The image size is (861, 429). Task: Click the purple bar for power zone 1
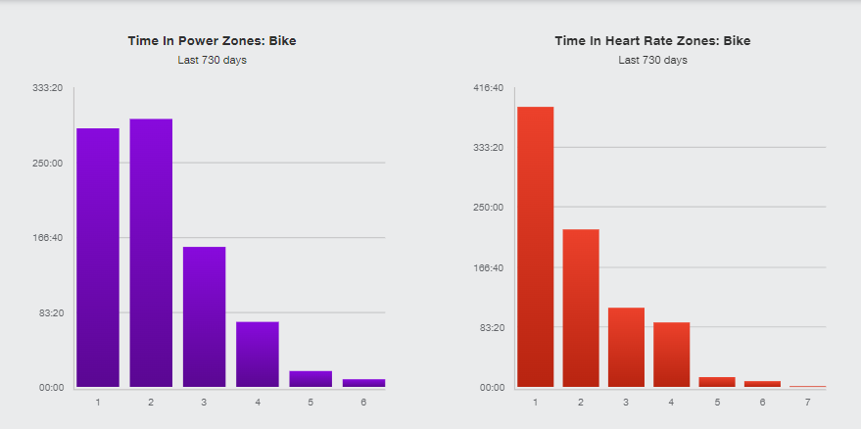[98, 258]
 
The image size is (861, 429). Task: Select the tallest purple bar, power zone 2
[151, 253]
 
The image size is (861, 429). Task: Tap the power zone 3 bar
[204, 316]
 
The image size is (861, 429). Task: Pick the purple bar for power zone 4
[258, 354]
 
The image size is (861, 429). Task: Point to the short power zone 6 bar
[363, 383]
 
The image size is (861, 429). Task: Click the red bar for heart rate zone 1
[536, 247]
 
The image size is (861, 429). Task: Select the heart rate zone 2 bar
[581, 308]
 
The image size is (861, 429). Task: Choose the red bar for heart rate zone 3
[626, 347]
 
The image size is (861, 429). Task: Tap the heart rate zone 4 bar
[672, 355]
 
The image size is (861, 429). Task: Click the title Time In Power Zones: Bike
[212, 41]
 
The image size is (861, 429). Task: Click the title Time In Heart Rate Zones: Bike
[652, 41]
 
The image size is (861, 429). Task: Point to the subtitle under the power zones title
[212, 60]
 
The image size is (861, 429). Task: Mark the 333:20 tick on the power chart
[48, 88]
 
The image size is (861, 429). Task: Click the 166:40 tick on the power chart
[48, 238]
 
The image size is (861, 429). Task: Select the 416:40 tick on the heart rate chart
[489, 88]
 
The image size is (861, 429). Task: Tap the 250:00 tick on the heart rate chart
[489, 208]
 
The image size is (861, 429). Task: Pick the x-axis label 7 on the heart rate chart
[808, 403]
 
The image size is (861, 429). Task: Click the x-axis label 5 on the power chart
[311, 403]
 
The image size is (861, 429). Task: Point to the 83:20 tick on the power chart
[50, 312]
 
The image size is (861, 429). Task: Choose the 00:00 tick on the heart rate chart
[491, 387]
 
